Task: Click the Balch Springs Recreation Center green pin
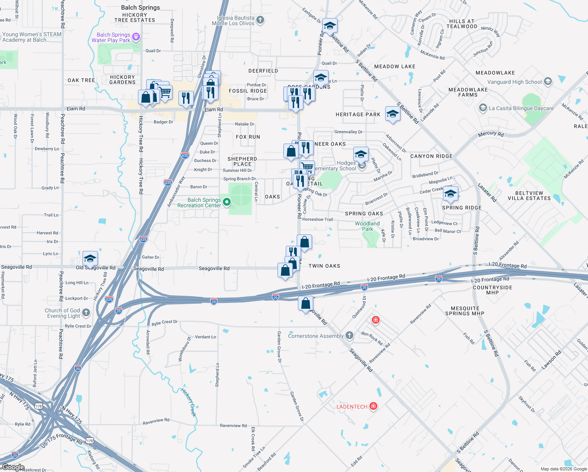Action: coord(226,202)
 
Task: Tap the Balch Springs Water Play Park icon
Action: coord(136,37)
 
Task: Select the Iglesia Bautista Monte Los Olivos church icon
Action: coord(260,20)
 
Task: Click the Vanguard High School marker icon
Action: coord(548,82)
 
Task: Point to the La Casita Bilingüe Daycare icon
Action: coord(483,108)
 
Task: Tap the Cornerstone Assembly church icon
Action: coord(349,336)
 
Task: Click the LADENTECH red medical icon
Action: coord(373,406)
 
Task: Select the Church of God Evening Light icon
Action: coord(86,313)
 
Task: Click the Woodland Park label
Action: coord(367,226)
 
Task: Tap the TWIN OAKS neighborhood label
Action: coord(324,266)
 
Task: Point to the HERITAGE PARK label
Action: coord(358,114)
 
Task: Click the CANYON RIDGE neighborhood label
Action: coord(431,156)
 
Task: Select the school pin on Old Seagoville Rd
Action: coord(90,259)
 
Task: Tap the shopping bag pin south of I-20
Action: coord(305,304)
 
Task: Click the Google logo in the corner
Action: coord(13,467)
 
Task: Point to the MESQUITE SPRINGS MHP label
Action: coord(465,311)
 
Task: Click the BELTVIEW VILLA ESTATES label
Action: coord(529,195)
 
